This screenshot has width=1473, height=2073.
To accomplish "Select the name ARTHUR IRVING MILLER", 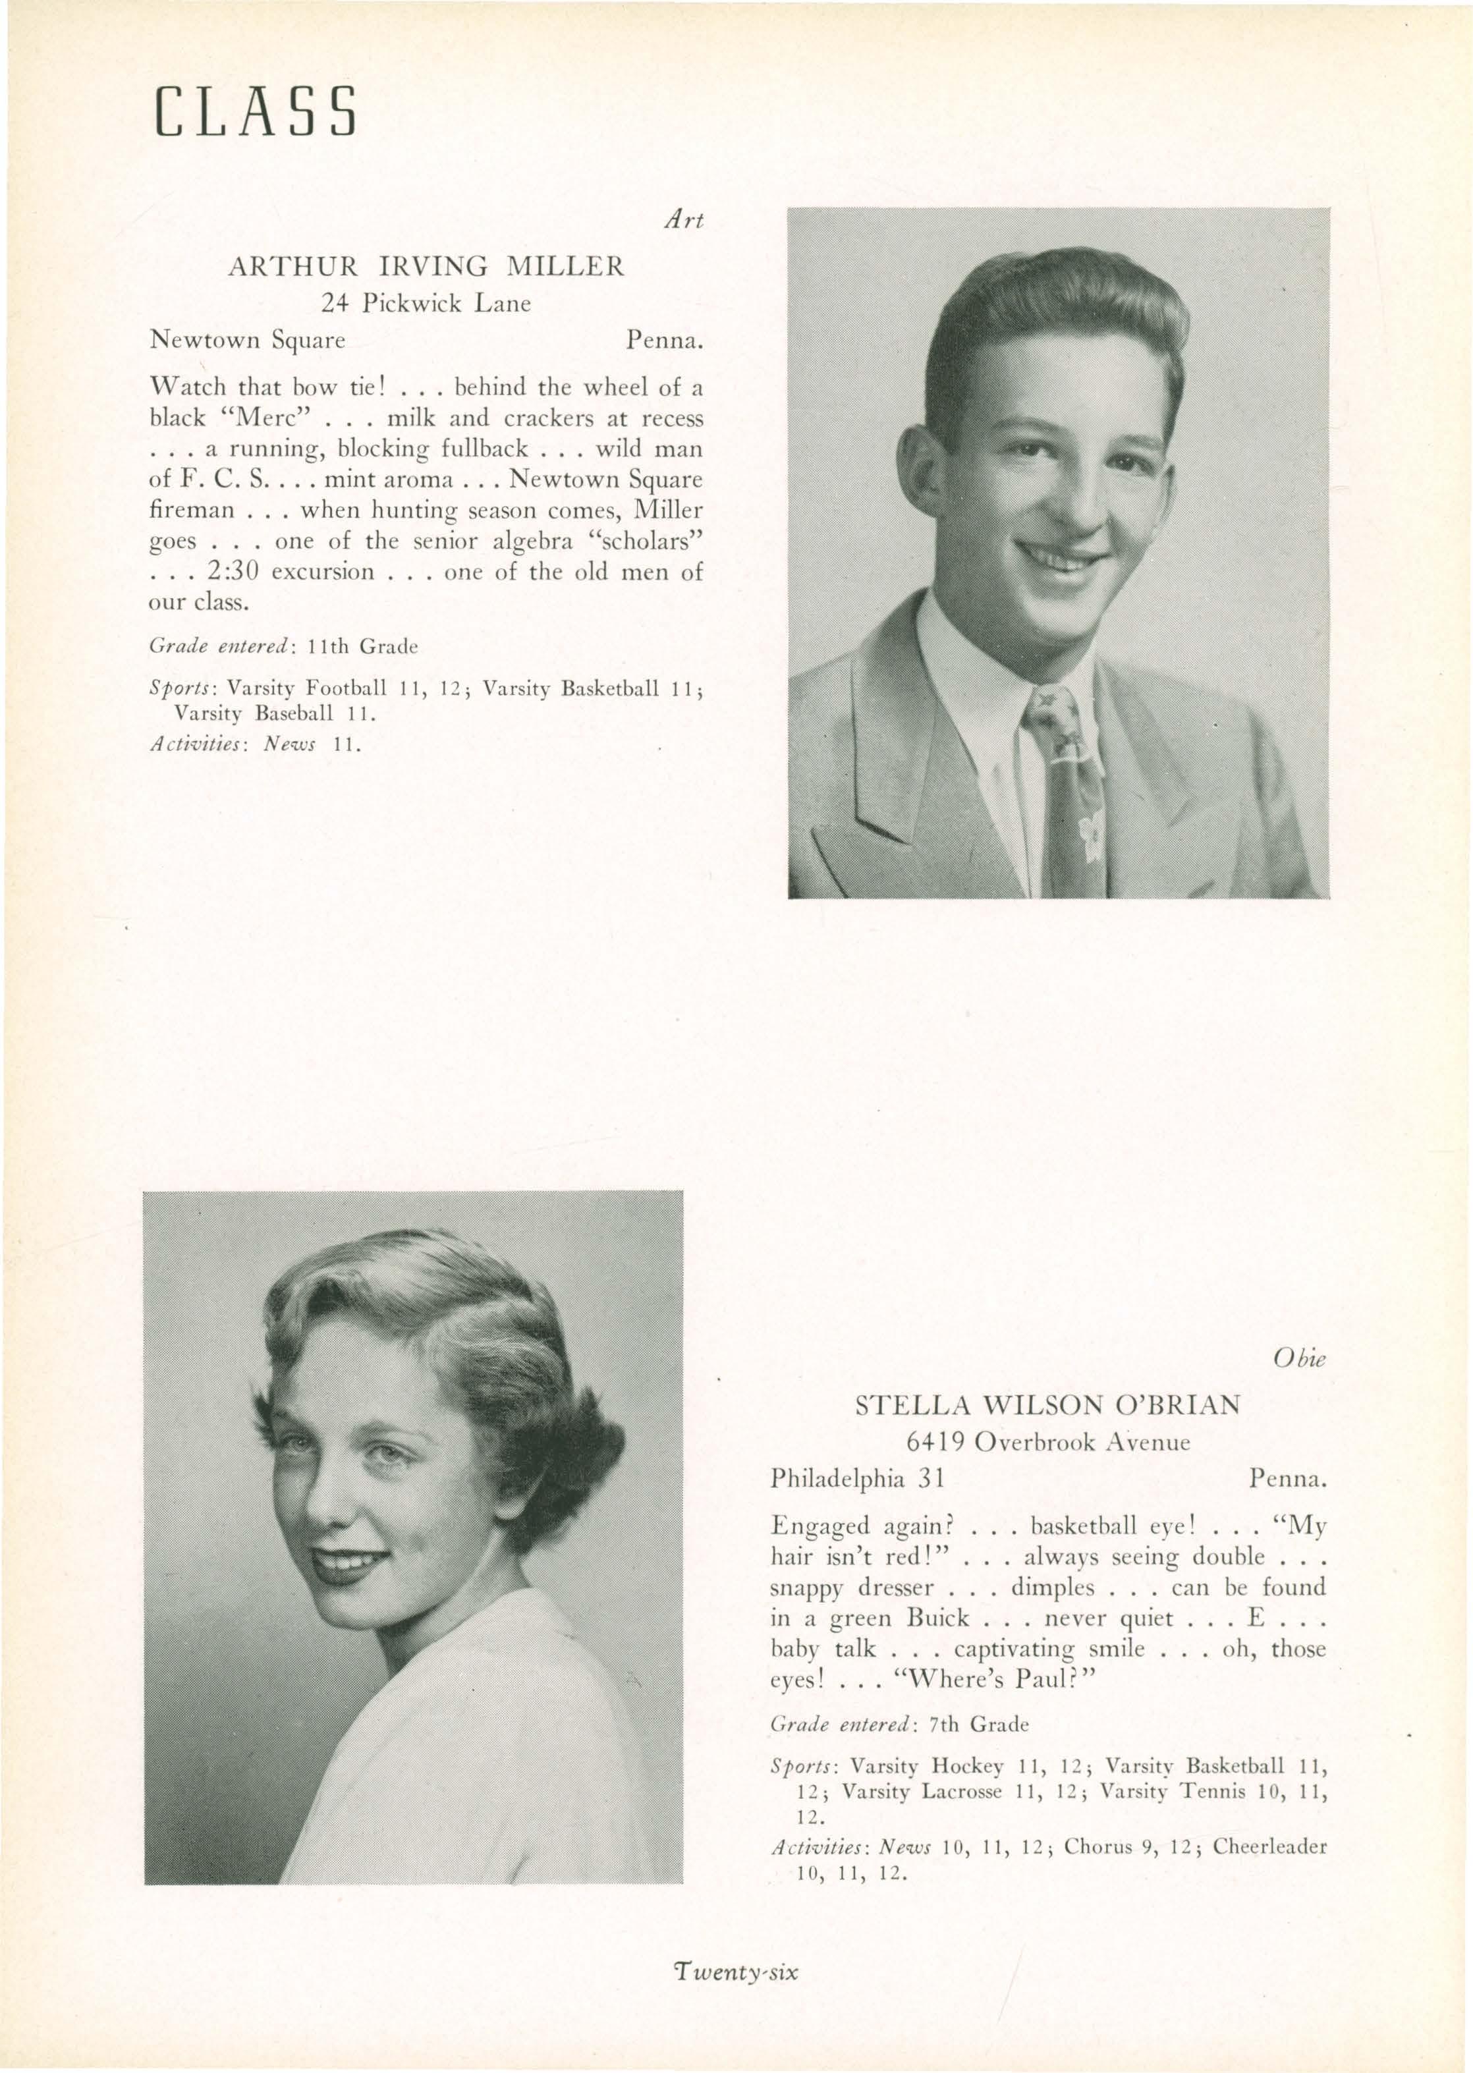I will click(x=426, y=267).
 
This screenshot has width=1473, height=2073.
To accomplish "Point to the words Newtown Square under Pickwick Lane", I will click(x=247, y=341).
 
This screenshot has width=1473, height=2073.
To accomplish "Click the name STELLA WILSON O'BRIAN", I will click(x=1047, y=1430).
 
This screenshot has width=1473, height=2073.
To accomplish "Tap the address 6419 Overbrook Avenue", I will click(x=1047, y=1466).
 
